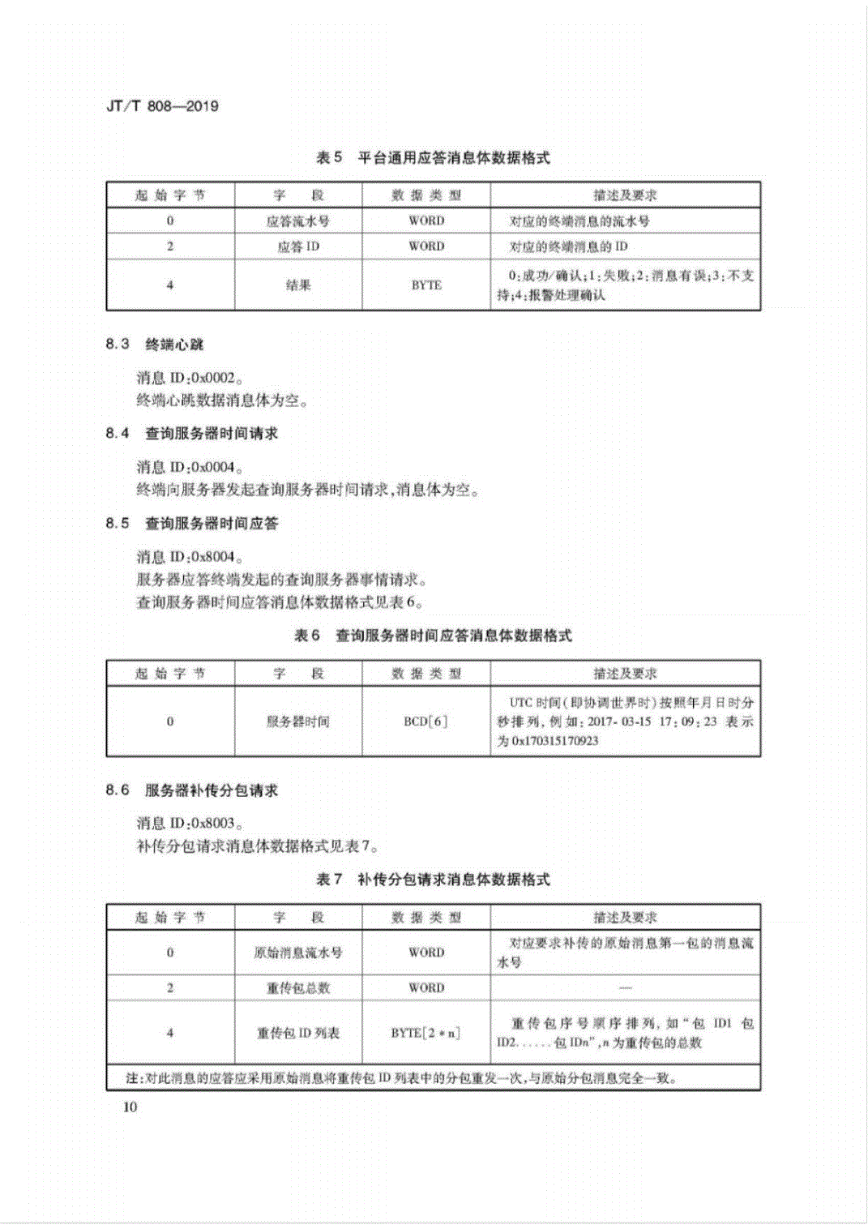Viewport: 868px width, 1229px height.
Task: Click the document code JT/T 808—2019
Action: (x=162, y=106)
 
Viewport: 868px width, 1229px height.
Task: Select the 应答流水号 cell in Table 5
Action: (x=298, y=221)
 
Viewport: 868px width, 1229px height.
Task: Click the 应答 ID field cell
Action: (x=298, y=246)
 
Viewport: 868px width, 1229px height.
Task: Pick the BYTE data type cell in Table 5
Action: (x=426, y=285)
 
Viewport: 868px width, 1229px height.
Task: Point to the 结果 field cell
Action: (x=298, y=285)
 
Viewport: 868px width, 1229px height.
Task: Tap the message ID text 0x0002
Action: (x=215, y=378)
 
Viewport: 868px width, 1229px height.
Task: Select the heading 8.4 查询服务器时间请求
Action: (x=191, y=434)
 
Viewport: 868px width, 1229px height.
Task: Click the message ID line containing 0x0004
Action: (x=190, y=468)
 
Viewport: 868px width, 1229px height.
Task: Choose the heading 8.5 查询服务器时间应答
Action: (x=191, y=524)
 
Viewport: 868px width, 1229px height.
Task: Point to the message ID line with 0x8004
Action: (x=190, y=557)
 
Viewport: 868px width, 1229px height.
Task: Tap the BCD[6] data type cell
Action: (x=426, y=722)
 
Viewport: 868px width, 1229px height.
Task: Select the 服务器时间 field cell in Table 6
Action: (x=298, y=722)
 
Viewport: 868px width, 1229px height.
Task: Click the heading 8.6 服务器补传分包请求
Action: (x=191, y=790)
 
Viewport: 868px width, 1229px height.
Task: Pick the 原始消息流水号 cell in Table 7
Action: (x=298, y=953)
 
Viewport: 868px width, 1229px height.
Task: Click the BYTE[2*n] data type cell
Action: (x=426, y=1033)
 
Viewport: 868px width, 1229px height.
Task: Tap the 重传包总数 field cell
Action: (x=298, y=988)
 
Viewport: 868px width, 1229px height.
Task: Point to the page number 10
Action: (x=130, y=1107)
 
